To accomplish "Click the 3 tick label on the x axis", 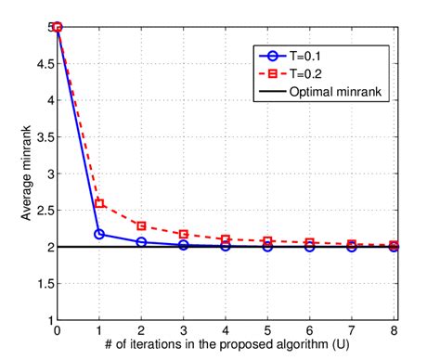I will pos(184,332).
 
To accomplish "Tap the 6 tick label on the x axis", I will pos(310,332).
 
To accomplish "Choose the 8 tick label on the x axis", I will pos(395,332).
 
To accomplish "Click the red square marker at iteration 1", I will pos(99,203).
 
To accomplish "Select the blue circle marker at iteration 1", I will pos(99,234).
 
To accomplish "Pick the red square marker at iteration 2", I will pos(141,225).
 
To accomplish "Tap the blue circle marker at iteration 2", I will pos(141,241).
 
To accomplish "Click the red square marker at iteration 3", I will pos(184,234).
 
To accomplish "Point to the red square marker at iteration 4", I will pos(226,239).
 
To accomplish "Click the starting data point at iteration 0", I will pos(58,27).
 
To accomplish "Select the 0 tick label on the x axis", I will pos(58,332).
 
